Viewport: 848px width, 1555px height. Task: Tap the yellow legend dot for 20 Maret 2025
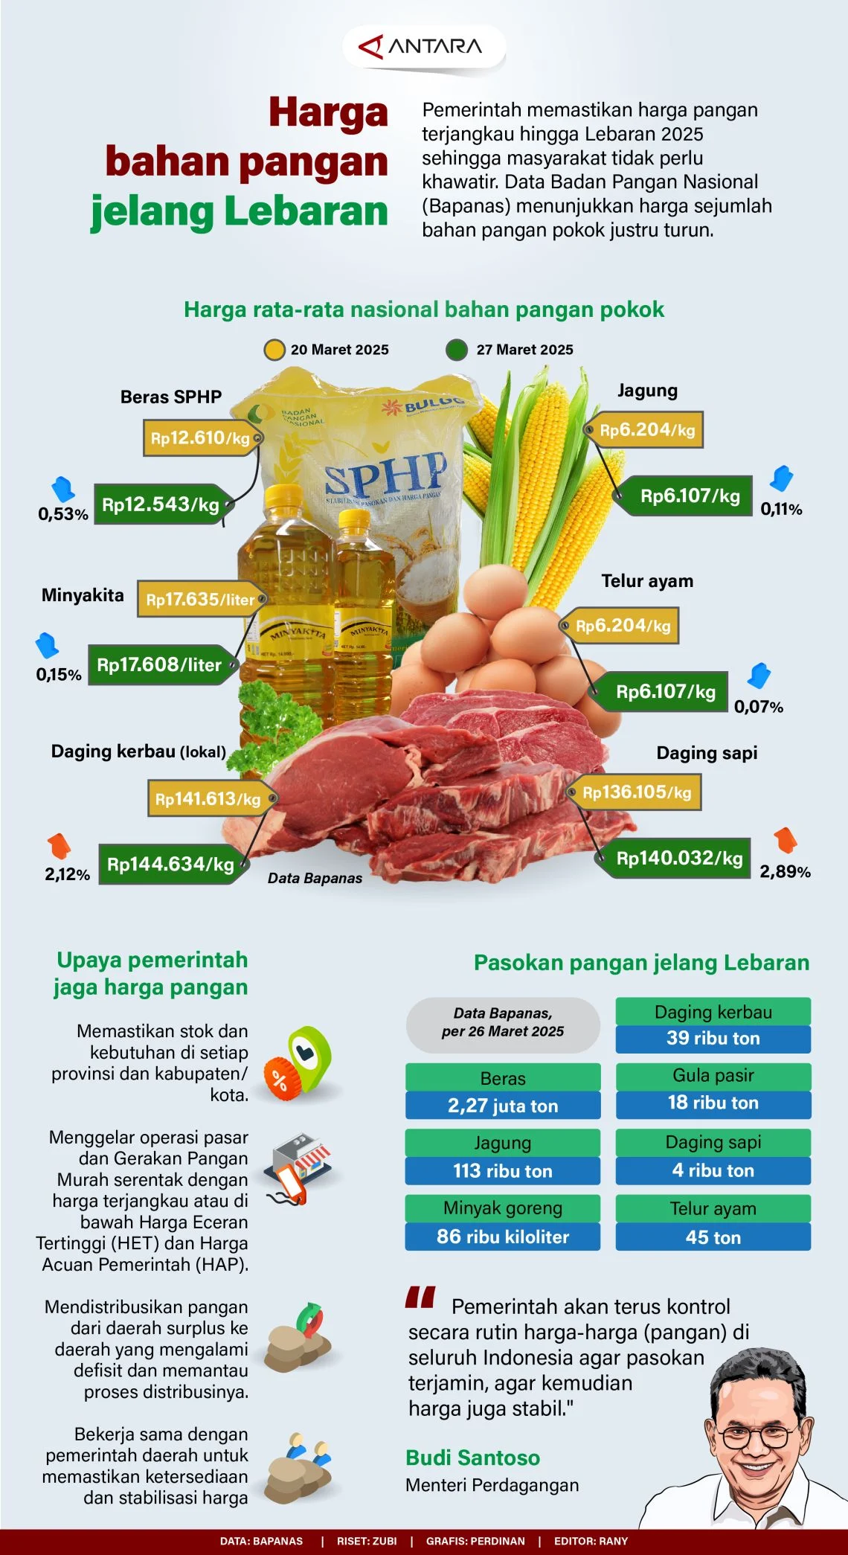tap(274, 350)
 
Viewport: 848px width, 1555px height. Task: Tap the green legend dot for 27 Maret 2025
tap(457, 350)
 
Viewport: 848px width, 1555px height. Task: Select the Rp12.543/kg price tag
tap(161, 504)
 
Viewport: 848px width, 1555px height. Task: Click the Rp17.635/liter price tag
tap(199, 600)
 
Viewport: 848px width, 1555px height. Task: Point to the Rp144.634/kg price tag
tap(170, 864)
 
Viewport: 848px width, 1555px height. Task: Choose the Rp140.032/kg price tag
tap(679, 858)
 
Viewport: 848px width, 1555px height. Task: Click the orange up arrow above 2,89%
tap(785, 840)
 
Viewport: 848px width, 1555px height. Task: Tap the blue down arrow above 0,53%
tap(62, 489)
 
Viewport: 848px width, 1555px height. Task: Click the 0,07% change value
tap(758, 707)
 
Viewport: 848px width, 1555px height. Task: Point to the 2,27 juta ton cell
tap(503, 1106)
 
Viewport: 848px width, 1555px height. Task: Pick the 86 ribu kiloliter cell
tap(503, 1237)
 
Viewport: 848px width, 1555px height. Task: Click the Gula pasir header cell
tap(713, 1075)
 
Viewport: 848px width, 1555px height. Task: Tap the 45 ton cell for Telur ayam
tap(713, 1237)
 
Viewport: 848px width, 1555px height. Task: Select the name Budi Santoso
tap(473, 1458)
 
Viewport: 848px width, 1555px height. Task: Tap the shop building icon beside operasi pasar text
tap(299, 1161)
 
